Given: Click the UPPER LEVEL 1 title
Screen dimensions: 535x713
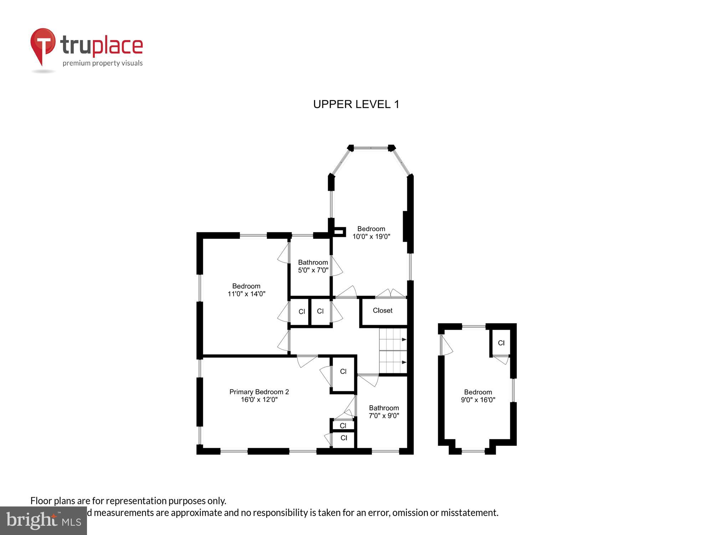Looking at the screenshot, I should (x=356, y=104).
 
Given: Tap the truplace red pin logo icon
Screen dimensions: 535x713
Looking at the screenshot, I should (x=43, y=45).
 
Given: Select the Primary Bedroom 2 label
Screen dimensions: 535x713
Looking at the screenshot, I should (x=259, y=392).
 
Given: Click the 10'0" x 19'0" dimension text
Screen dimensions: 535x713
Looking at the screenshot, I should (x=371, y=236).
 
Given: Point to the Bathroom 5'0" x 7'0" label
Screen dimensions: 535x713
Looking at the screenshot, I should (x=313, y=266).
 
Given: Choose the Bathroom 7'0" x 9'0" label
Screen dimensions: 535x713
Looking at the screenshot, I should (x=384, y=412).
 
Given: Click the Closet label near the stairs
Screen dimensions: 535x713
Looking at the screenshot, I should (x=382, y=310).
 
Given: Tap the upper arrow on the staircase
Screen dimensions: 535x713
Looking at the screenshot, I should (x=404, y=340).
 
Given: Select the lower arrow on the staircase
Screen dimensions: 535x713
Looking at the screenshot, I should (x=404, y=362).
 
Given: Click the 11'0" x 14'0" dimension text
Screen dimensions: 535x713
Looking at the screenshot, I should (x=246, y=294).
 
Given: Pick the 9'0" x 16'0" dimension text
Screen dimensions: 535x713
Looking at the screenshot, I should (x=478, y=400).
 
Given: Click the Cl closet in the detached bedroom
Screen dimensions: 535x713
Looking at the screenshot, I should (x=501, y=343).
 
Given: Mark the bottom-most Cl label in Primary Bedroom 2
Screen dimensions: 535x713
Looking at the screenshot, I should (x=344, y=438).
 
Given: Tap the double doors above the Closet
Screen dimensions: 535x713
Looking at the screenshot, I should (x=391, y=294).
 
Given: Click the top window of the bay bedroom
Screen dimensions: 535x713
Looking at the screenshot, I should (x=371, y=148).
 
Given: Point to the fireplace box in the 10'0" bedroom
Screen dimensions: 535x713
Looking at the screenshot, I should (x=339, y=232).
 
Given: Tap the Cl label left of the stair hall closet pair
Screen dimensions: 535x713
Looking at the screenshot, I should (x=302, y=311).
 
